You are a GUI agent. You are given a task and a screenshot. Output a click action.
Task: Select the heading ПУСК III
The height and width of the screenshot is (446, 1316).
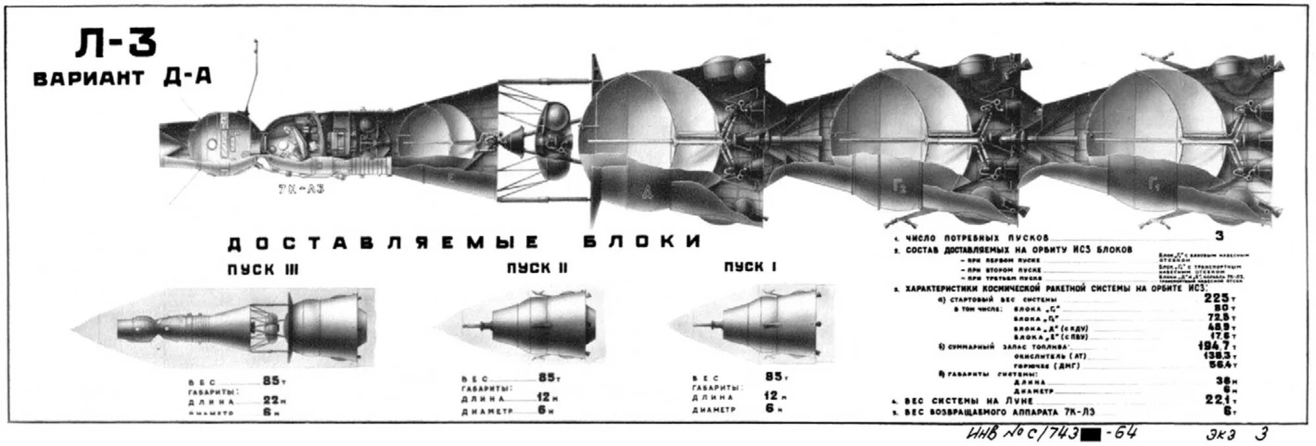[263, 270]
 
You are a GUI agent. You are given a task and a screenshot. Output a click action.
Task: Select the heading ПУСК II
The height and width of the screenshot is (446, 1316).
[537, 268]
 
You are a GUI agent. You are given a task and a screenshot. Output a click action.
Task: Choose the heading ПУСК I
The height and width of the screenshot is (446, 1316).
[750, 266]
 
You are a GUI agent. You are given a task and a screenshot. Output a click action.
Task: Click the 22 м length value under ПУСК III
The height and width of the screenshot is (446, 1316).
[272, 400]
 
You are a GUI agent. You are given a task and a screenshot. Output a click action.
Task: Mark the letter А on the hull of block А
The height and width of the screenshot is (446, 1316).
[649, 191]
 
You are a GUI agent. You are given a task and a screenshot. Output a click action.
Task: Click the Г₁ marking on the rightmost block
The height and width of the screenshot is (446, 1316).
[1153, 186]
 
